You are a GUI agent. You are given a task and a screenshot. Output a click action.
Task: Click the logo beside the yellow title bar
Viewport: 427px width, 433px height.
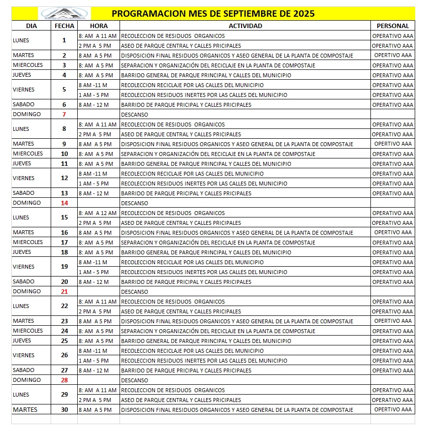pos(64,13)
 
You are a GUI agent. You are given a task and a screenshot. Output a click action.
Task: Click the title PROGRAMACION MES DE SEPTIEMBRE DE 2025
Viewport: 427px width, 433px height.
pos(213,13)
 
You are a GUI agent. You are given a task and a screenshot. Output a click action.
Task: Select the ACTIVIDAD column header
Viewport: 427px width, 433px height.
pos(245,26)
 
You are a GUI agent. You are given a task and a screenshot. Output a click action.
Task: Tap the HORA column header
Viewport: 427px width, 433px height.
pos(98,26)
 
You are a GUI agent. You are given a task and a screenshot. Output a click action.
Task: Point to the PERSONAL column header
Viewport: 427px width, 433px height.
pos(393,26)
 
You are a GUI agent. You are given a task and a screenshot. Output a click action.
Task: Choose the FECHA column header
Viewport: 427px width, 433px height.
pos(64,26)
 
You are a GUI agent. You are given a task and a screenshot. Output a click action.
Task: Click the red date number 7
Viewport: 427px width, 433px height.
pos(64,114)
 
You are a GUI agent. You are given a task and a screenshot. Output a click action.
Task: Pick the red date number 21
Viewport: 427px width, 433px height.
pos(64,291)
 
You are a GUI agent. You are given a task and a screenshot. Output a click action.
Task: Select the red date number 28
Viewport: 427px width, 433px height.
pos(64,380)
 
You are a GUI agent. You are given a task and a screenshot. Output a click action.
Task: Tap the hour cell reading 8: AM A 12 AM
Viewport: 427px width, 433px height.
pos(97,213)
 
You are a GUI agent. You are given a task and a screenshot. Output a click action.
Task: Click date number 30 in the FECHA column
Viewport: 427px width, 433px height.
pos(64,409)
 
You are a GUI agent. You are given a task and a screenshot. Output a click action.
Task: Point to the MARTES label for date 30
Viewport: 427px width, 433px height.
pos(25,409)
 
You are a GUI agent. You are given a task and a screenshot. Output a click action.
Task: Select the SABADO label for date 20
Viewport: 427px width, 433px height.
pos(24,281)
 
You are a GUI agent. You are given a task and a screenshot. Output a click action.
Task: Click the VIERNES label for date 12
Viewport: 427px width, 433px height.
pos(24,178)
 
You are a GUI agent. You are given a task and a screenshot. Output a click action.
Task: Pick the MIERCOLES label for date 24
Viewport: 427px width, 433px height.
pos(28,331)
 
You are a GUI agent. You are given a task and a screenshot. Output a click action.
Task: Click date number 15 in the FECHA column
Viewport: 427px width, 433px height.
pos(64,217)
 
